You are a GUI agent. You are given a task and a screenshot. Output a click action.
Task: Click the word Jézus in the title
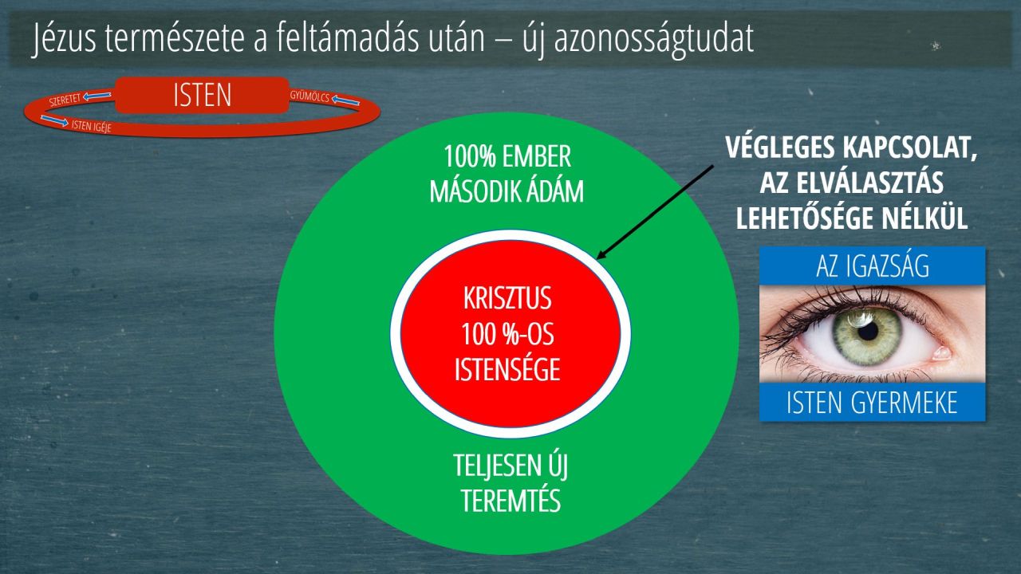point(65,39)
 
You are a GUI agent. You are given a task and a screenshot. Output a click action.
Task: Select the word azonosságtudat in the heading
point(654,40)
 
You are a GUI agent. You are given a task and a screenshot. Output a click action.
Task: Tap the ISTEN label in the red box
point(203,95)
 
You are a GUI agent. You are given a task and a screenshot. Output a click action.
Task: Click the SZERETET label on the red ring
point(65,99)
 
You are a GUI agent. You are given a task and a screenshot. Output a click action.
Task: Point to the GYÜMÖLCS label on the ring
point(309,96)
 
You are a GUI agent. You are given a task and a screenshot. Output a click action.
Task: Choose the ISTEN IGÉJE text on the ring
point(91,126)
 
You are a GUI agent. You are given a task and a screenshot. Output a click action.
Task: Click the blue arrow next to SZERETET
point(97,95)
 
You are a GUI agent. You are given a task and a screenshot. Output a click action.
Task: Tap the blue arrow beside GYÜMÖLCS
point(345,100)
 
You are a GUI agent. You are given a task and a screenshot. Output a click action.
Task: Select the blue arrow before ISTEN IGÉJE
point(55,120)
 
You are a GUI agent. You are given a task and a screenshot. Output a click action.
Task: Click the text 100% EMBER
point(507,157)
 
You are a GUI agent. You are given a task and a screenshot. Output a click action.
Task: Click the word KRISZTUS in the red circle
point(507,299)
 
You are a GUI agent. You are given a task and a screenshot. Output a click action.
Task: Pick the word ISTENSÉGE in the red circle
point(507,369)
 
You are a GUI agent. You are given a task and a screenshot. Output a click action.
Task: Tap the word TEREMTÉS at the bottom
point(511,501)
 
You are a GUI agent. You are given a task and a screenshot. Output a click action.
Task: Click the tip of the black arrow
point(597,259)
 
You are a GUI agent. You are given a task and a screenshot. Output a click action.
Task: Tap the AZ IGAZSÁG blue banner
point(873,266)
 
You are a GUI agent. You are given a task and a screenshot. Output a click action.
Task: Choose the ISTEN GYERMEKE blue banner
point(873,403)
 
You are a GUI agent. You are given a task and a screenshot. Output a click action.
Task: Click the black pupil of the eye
point(867,331)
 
